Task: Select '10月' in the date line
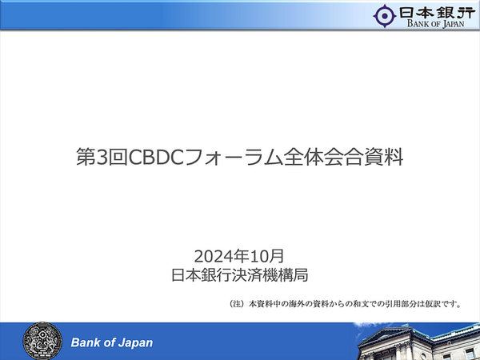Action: (266, 256)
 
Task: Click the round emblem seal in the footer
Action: (40, 341)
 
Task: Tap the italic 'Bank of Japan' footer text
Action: (112, 342)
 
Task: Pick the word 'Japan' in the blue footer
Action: (134, 342)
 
